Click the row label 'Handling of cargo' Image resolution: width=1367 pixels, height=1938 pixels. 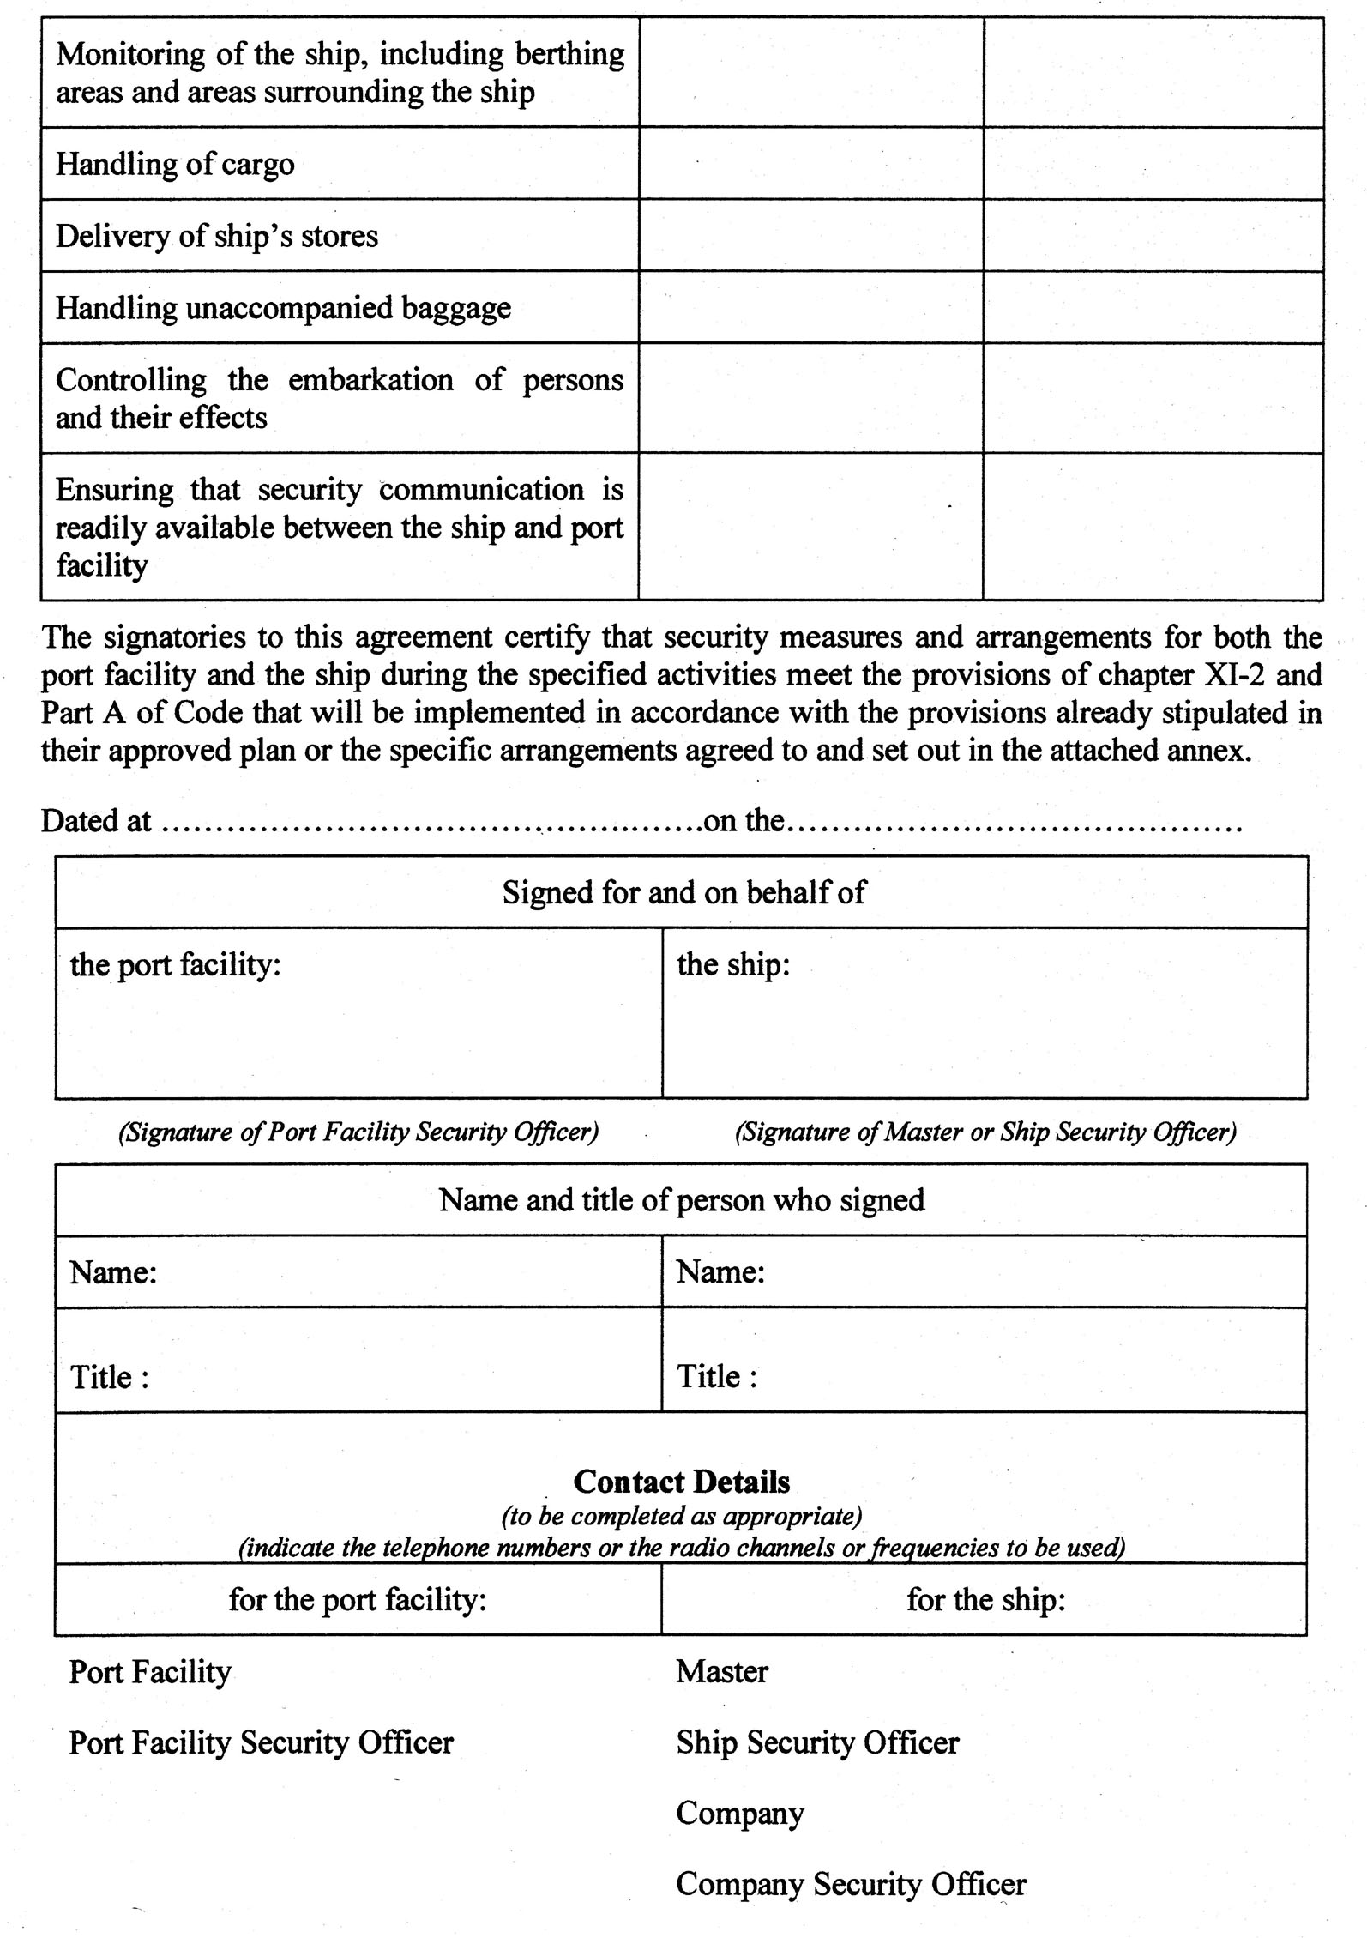pos(175,164)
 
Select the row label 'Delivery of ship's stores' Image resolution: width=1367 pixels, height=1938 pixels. pos(217,236)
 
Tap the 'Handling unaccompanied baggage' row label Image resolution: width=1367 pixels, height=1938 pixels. pos(283,308)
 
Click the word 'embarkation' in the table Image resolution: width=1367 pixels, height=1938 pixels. pos(370,380)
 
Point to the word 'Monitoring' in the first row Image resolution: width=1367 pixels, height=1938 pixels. pos(128,54)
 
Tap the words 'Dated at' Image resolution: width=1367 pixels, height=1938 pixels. pos(96,821)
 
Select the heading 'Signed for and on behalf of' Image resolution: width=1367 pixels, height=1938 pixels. pos(683,892)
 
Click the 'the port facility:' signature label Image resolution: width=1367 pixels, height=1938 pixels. pos(176,964)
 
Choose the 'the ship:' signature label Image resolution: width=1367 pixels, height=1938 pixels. pos(733,964)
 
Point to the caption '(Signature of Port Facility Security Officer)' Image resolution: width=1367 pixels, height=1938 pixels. pos(358,1132)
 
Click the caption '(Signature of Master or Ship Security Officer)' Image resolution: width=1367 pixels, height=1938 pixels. pos(985,1132)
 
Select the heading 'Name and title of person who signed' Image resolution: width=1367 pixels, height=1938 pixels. pos(682,1199)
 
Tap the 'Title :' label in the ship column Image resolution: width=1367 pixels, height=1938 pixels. pos(717,1377)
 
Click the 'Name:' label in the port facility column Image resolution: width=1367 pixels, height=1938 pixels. pos(113,1271)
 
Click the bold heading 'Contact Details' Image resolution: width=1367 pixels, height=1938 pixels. pos(682,1482)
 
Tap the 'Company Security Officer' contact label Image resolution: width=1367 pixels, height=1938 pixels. pos(851,1883)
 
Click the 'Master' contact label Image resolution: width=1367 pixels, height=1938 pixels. pos(722,1671)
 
